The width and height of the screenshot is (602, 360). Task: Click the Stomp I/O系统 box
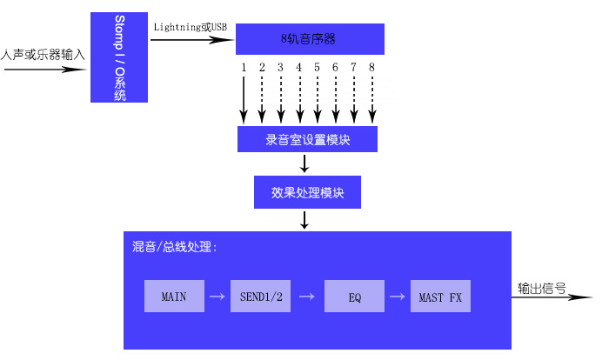(x=119, y=57)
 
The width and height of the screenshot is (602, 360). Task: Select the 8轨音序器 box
(x=309, y=38)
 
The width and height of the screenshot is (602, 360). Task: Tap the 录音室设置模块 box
(x=307, y=139)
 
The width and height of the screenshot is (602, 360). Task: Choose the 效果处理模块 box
(x=307, y=192)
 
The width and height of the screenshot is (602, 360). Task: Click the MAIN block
(x=174, y=297)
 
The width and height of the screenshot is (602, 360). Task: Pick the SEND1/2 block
(x=261, y=297)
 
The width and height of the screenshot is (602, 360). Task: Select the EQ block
(x=354, y=297)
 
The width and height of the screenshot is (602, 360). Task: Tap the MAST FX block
(x=440, y=297)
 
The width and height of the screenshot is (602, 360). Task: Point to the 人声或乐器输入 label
(x=43, y=54)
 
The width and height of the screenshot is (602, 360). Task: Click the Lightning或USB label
(x=190, y=27)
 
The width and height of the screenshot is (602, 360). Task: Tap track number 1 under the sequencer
(x=244, y=67)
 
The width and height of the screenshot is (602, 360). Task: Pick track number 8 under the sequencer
(x=371, y=67)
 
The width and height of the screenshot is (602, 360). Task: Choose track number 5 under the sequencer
(x=317, y=67)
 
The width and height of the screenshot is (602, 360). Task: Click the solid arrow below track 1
(x=244, y=97)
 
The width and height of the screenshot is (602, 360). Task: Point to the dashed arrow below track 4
(x=299, y=97)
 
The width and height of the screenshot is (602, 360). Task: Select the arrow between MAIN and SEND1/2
(x=217, y=297)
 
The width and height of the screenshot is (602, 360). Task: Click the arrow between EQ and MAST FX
(x=397, y=297)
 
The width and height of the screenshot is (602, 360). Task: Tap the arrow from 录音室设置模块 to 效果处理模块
(x=304, y=164)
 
